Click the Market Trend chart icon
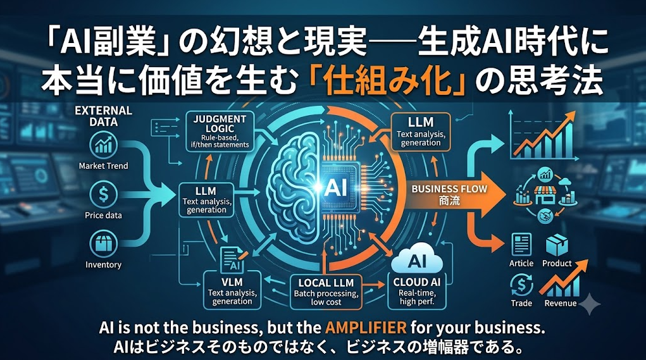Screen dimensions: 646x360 tap(103, 145)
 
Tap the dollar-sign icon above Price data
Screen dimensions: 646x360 tap(103, 195)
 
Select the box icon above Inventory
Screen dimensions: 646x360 tap(103, 244)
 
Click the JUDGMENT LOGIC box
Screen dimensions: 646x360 tap(220, 132)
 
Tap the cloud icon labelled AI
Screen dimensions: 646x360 tap(416, 259)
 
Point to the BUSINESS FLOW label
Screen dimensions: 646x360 tap(449, 189)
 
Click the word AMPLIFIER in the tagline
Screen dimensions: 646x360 tap(366, 328)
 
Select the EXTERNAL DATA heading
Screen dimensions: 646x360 tap(103, 116)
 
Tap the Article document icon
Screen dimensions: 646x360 tap(521, 245)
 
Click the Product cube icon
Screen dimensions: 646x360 tap(557, 245)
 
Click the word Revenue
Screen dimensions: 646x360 tap(561, 303)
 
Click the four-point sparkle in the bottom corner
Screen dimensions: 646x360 tap(590, 304)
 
